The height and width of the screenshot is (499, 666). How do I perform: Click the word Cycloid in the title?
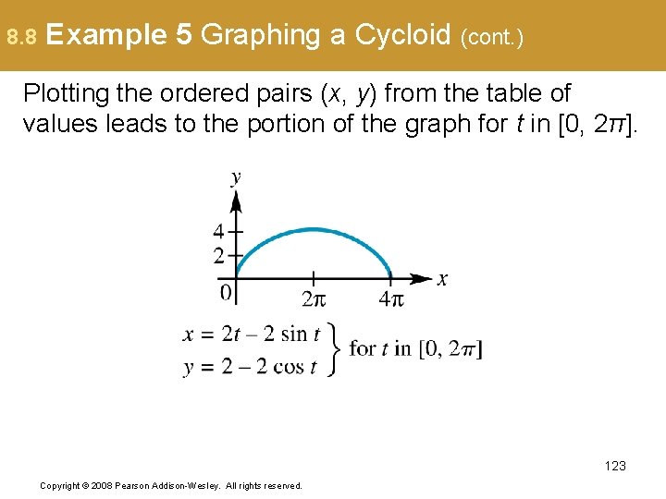click(401, 35)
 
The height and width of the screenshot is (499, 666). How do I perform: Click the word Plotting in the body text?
click(65, 93)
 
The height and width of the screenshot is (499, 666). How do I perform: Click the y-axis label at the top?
click(236, 176)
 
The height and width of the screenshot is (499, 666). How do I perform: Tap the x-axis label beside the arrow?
click(442, 279)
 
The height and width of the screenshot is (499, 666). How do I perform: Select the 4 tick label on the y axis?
click(218, 231)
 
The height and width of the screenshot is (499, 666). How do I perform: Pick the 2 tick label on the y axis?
click(218, 255)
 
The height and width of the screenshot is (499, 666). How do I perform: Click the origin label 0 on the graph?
click(226, 294)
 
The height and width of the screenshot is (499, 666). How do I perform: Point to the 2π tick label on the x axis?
click(314, 299)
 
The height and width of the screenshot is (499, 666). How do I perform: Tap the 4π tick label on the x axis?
click(391, 299)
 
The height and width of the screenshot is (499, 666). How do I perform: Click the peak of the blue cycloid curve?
click(314, 229)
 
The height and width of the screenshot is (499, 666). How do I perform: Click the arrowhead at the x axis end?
click(425, 278)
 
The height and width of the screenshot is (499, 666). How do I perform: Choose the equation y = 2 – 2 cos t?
click(250, 366)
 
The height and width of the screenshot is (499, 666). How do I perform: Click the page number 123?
click(614, 466)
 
